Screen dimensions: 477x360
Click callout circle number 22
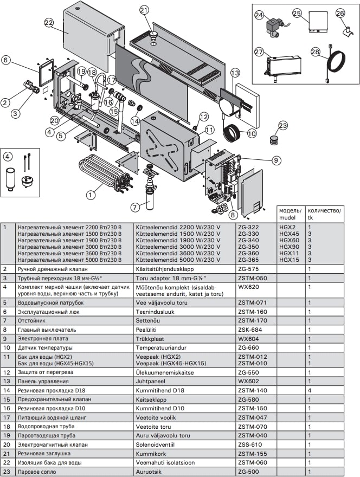(x=49, y=22)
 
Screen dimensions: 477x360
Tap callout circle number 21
(x=144, y=10)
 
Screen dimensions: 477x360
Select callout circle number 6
(x=5, y=61)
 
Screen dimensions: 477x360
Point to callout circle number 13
(x=235, y=73)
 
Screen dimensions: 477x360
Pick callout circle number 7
(x=136, y=206)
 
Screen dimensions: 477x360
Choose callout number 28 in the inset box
(x=316, y=51)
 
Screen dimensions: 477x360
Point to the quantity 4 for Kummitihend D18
(x=309, y=390)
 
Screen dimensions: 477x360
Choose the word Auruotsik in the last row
(x=149, y=472)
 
